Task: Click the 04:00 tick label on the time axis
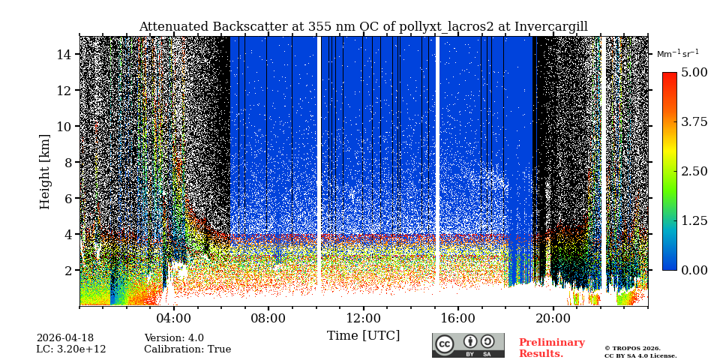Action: coord(174,318)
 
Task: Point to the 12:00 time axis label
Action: coord(364,318)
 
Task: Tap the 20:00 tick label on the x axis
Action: coord(553,318)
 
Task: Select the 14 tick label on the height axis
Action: coord(64,55)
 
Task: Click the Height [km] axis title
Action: coord(45,171)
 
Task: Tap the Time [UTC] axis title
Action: coord(364,335)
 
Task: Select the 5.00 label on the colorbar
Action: coord(694,73)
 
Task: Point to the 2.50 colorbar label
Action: coord(694,171)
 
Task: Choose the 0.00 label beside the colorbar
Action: coord(694,270)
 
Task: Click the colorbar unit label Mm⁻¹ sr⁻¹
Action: coord(677,54)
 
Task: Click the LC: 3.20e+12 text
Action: coord(71,349)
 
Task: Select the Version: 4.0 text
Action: coord(174,338)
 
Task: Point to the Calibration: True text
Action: coord(187,349)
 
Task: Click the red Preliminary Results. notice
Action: coord(551,348)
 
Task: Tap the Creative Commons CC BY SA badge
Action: coord(468,345)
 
